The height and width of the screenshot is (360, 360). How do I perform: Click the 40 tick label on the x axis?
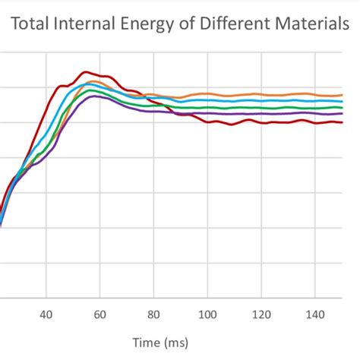[x=46, y=313]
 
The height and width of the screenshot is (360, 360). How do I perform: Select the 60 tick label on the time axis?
[x=100, y=313]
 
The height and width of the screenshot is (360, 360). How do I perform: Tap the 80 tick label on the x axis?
[x=154, y=313]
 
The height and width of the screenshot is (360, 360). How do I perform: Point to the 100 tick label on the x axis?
[x=207, y=313]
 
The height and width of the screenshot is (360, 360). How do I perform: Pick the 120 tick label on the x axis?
[x=261, y=313]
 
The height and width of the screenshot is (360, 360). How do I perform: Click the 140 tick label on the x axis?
[x=315, y=313]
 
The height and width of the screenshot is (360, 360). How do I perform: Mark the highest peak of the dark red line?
[x=86, y=72]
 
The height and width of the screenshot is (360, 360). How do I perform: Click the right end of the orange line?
[x=342, y=94]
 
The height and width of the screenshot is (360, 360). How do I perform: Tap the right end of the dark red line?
[x=342, y=122]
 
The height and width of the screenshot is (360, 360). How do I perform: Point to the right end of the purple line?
[x=342, y=114]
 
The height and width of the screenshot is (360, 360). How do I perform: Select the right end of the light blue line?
[x=342, y=101]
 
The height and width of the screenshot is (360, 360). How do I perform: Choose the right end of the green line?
[x=342, y=107]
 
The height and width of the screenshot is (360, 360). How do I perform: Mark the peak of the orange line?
[x=93, y=81]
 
